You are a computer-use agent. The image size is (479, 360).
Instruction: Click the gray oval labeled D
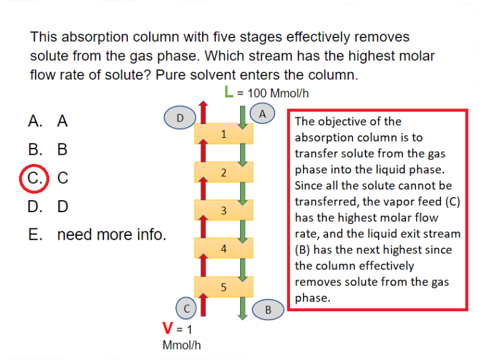(180, 117)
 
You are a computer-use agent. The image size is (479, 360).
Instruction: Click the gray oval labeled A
(262, 114)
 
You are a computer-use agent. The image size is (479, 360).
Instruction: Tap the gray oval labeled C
(186, 308)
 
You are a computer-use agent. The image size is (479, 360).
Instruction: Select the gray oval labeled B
(268, 309)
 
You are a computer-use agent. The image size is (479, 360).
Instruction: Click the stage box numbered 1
(224, 134)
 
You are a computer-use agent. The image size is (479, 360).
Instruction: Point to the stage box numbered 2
(224, 172)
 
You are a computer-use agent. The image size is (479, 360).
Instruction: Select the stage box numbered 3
(224, 210)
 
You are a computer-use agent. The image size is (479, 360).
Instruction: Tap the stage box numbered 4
(224, 248)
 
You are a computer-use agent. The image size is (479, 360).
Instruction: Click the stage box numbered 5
(224, 286)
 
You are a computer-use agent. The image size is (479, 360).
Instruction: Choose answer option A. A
(48, 121)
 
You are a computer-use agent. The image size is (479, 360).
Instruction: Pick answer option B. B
(48, 150)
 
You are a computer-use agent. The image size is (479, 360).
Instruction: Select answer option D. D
(48, 206)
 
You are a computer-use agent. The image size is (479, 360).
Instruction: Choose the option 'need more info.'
(111, 235)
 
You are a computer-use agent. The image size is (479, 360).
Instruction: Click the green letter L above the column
(229, 93)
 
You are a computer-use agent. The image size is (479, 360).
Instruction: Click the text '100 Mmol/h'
(278, 94)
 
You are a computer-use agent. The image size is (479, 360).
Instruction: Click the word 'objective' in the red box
(337, 122)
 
